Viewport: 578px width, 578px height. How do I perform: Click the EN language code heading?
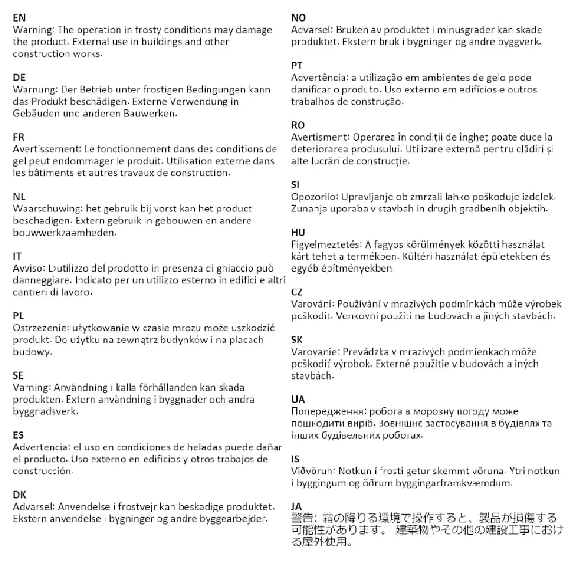(19, 18)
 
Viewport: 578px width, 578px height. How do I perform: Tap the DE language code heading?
(19, 78)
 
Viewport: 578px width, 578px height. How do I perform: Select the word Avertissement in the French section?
(44, 149)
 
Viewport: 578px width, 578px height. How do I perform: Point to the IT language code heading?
(17, 256)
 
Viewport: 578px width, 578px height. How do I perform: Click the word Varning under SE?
(31, 388)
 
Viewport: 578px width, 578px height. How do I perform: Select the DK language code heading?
(20, 495)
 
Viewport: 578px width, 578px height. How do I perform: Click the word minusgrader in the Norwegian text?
(465, 30)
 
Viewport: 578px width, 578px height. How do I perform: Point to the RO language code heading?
(298, 125)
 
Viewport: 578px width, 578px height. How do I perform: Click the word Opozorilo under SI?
(315, 197)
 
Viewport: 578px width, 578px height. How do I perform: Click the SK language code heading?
(297, 340)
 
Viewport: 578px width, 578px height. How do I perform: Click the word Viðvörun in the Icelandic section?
(313, 471)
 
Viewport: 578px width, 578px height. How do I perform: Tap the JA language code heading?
(297, 507)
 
